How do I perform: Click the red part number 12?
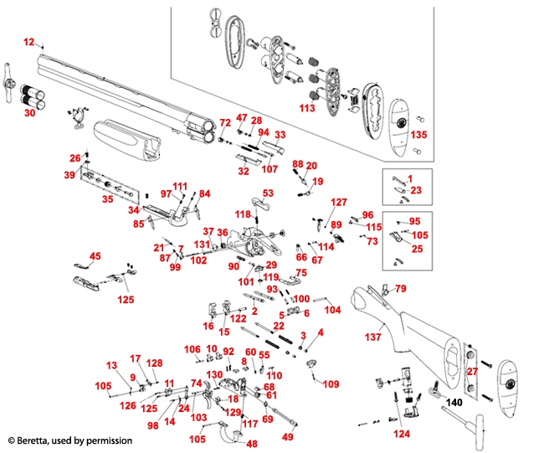click(x=29, y=41)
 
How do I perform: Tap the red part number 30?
click(x=29, y=112)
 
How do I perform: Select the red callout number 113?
click(x=306, y=107)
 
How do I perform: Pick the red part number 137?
click(x=372, y=337)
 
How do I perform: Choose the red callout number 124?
click(x=402, y=434)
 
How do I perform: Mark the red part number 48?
click(x=251, y=443)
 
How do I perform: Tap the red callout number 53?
click(x=268, y=193)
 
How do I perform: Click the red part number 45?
click(x=95, y=256)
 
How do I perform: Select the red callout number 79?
click(x=400, y=289)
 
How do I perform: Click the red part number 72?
click(x=225, y=123)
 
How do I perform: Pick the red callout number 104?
click(x=333, y=310)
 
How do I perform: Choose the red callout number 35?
click(x=107, y=200)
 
